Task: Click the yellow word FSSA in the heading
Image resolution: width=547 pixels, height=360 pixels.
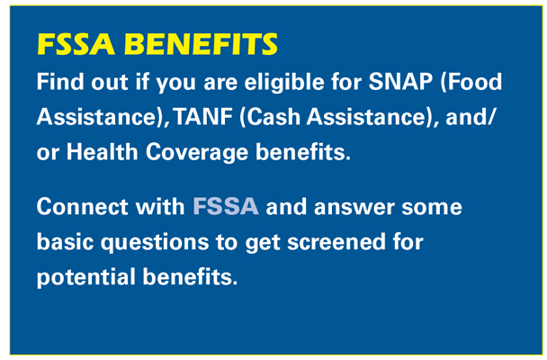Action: [76, 44]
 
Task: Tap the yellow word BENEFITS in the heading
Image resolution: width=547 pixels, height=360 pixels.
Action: [201, 44]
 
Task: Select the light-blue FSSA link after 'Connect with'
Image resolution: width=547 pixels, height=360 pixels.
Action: [226, 206]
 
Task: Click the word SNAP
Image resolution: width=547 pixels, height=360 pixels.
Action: [400, 82]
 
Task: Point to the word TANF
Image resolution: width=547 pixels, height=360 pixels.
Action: [203, 117]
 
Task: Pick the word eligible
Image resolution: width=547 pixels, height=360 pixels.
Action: [284, 83]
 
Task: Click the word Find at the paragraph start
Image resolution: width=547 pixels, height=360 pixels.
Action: [60, 82]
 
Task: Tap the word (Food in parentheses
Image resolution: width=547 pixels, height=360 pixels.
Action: [471, 83]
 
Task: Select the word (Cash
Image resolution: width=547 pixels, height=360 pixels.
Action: [270, 118]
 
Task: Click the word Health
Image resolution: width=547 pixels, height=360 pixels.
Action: [103, 152]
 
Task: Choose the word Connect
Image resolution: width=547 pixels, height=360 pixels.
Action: [82, 206]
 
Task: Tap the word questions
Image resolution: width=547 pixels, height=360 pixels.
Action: [155, 243]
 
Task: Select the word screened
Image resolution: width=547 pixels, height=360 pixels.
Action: [336, 242]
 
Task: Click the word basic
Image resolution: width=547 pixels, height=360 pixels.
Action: [66, 242]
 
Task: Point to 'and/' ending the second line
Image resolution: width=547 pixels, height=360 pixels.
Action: [470, 118]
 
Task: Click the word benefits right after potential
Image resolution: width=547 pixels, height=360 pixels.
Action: [190, 276]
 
